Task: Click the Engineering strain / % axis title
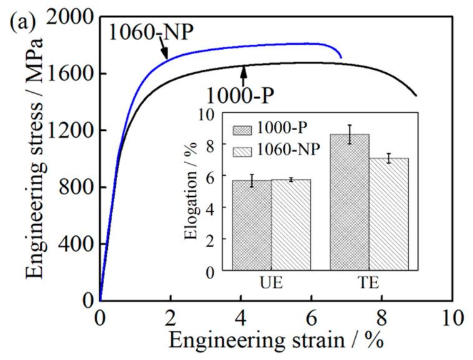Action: [x=274, y=341]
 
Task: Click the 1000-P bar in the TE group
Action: [x=350, y=202]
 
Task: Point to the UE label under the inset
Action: [x=271, y=284]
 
